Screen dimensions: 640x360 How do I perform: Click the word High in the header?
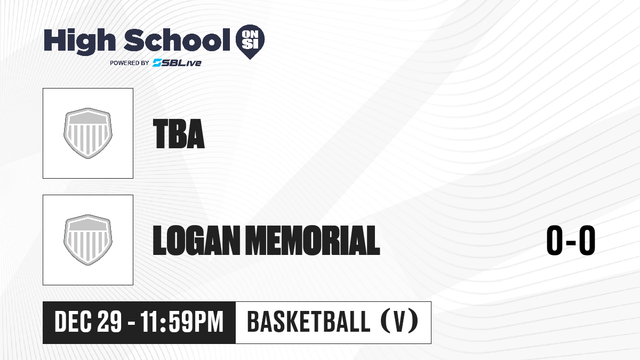click(x=79, y=41)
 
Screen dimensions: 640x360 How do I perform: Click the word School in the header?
click(x=177, y=40)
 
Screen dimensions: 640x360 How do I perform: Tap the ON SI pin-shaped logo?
click(x=250, y=42)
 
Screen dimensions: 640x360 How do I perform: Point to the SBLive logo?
click(x=177, y=63)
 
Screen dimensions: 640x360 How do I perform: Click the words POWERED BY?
click(x=130, y=63)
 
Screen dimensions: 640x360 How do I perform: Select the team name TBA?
click(x=179, y=134)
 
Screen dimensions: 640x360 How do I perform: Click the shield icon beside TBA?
click(x=88, y=133)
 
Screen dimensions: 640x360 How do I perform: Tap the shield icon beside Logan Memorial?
click(x=88, y=240)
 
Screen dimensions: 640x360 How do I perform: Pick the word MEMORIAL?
click(x=313, y=241)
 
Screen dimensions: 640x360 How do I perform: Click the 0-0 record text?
click(x=571, y=241)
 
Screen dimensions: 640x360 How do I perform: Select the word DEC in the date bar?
click(x=74, y=322)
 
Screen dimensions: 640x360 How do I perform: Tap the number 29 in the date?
click(x=109, y=322)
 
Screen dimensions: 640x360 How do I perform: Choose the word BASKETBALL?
click(x=309, y=322)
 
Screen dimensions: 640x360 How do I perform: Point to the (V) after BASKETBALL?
click(x=399, y=322)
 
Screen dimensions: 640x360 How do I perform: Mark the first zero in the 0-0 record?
click(x=555, y=241)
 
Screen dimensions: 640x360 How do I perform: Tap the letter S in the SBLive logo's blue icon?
click(x=157, y=63)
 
